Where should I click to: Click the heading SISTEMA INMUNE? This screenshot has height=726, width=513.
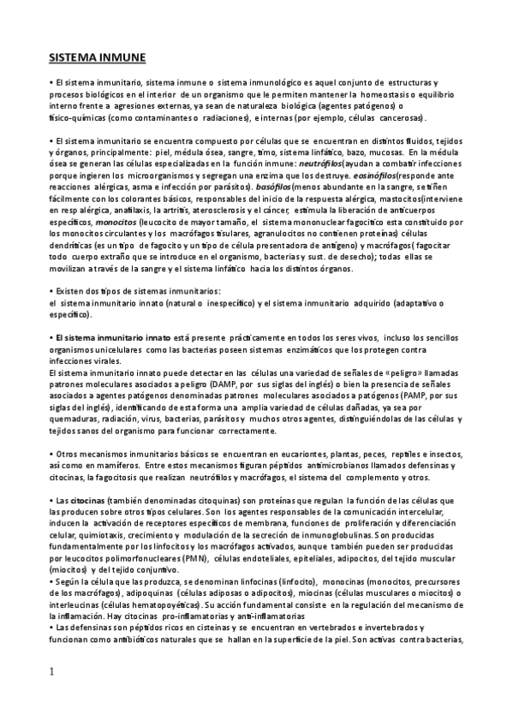[97, 57]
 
